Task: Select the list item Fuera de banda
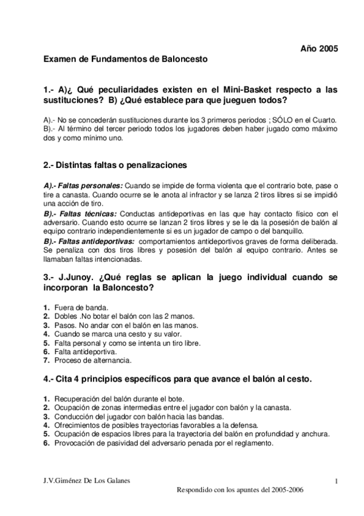(x=78, y=308)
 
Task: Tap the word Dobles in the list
(x=66, y=316)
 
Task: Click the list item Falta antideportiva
(x=84, y=352)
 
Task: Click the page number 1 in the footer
(x=335, y=482)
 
